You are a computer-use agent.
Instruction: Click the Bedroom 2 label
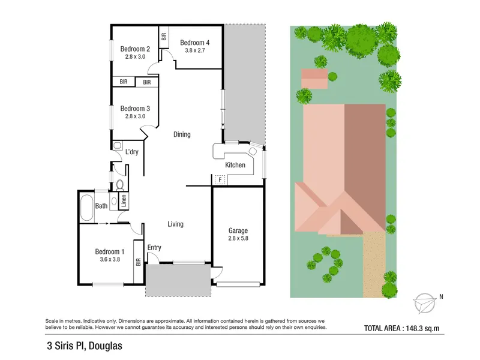135,49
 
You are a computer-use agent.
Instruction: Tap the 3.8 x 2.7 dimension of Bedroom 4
194,50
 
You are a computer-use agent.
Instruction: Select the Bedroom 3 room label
135,109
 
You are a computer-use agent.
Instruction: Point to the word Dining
182,134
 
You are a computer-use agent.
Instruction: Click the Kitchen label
235,165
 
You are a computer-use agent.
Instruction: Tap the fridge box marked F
220,179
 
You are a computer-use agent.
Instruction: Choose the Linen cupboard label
124,201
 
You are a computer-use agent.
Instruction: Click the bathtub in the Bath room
86,208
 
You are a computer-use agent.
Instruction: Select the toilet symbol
120,185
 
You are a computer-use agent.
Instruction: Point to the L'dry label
132,152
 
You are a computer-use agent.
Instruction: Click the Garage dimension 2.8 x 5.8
238,238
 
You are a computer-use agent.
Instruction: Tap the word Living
175,224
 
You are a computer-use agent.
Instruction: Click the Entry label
154,248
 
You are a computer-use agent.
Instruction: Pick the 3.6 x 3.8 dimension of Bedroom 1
110,260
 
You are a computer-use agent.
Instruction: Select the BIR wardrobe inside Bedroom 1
139,262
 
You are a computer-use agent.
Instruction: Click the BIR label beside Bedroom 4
164,37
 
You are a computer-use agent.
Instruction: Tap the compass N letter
441,296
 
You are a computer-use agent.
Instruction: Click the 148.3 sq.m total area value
422,328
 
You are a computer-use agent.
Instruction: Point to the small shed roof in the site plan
314,79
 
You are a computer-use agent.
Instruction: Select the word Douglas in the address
106,346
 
